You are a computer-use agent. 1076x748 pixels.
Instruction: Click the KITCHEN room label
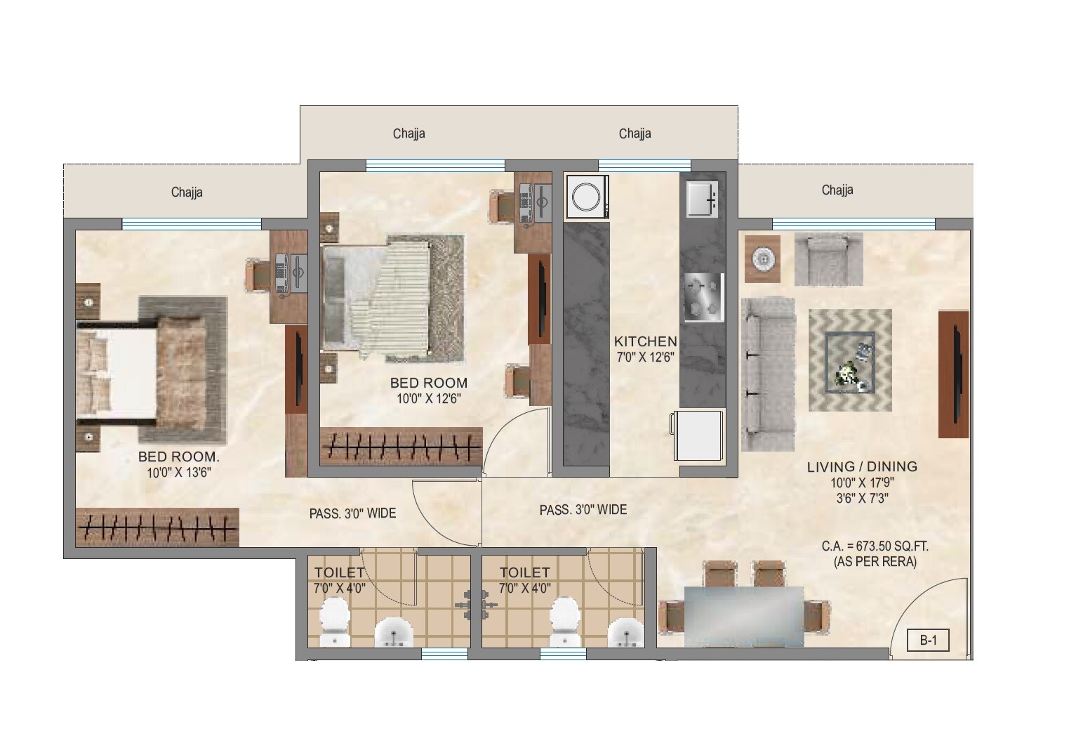645,341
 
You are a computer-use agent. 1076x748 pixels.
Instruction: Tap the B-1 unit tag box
928,641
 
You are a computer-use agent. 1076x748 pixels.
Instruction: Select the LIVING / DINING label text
861,466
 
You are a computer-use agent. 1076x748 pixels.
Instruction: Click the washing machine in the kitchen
586,197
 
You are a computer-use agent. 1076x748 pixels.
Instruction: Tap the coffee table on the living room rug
850,361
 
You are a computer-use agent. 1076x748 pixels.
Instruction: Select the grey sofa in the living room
766,373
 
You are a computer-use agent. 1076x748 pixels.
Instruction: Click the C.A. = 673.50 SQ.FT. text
875,546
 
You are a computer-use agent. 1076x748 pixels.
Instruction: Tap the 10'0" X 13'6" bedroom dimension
178,473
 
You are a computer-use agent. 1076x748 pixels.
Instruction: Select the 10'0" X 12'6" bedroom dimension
428,398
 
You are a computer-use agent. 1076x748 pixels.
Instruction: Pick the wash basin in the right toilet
625,631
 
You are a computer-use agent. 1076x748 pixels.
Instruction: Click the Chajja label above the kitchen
635,133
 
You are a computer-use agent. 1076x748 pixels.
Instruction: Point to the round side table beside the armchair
762,259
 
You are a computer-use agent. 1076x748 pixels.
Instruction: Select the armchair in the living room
828,258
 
